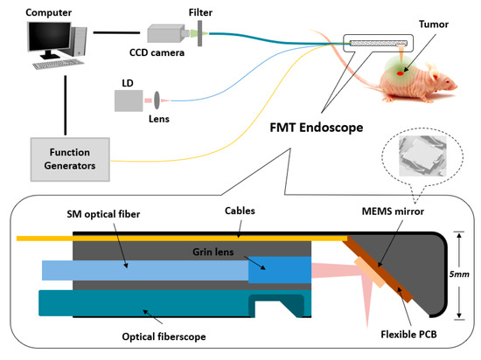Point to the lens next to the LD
[x=158, y=99]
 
